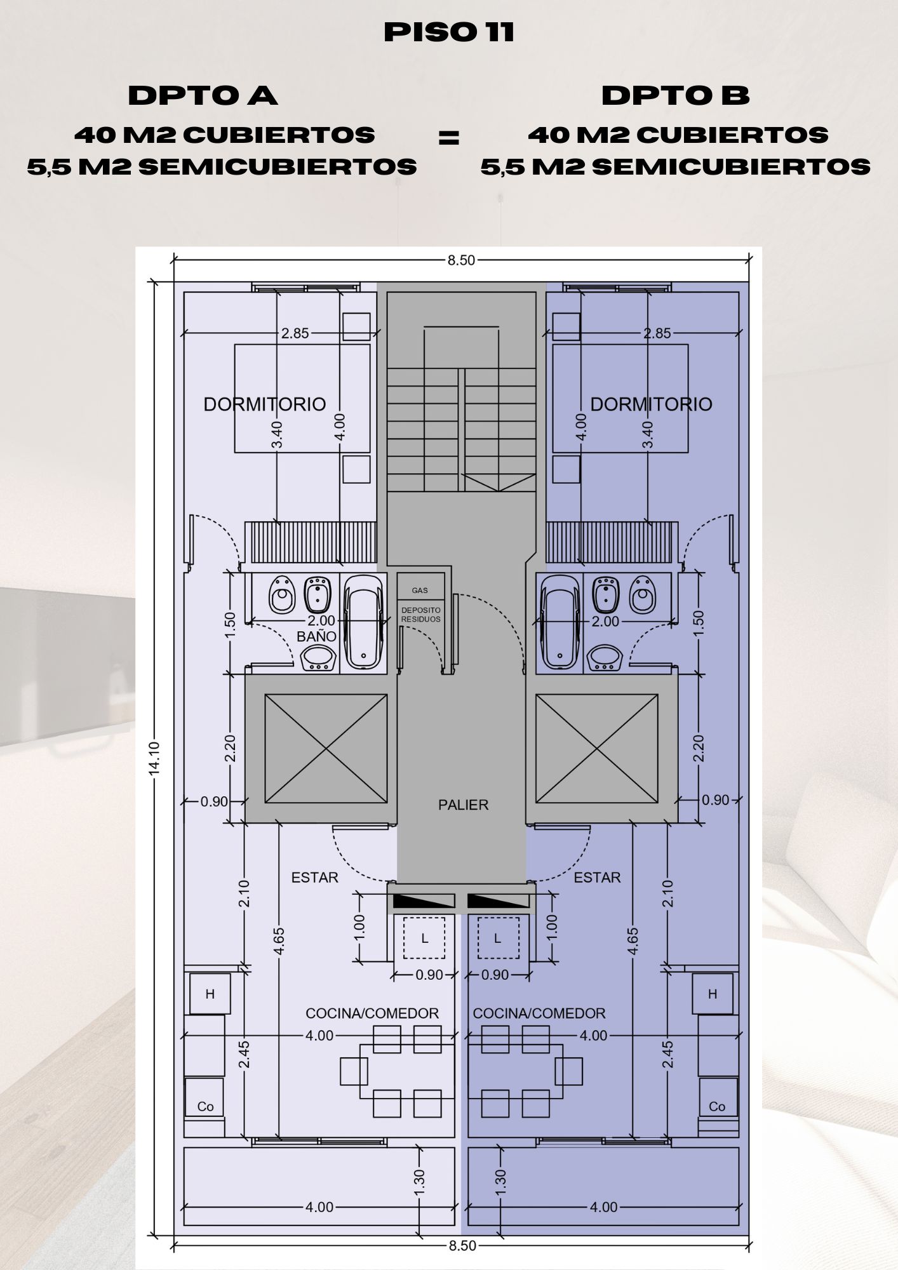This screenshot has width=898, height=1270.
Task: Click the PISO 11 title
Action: [449, 32]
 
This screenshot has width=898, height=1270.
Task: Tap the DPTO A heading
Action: [203, 96]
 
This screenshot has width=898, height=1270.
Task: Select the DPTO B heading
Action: [676, 96]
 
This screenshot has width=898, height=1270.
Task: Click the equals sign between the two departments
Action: [449, 138]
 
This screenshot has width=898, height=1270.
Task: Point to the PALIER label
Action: [464, 805]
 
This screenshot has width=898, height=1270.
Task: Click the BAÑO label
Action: [316, 636]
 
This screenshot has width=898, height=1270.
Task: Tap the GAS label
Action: [420, 591]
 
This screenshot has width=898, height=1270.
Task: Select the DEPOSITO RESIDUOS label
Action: [420, 615]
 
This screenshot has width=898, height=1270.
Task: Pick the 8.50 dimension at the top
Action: [461, 260]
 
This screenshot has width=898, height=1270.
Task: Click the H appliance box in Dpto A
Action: [210, 994]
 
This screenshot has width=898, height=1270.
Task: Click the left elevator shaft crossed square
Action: [326, 749]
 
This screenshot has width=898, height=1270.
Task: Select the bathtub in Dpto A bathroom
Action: [363, 622]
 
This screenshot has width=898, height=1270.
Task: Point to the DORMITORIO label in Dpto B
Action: [652, 404]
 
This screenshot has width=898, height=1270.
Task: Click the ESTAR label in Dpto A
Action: [315, 878]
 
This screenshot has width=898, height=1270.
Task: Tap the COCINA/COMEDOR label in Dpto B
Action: [539, 1013]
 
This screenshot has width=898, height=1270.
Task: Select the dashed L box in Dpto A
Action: [424, 939]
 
